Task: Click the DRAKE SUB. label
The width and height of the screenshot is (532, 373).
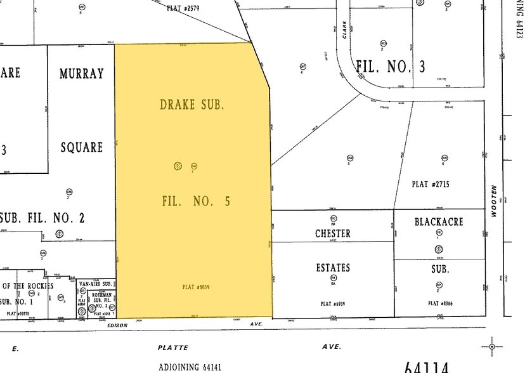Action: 191,105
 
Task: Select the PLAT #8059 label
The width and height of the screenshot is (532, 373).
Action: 195,287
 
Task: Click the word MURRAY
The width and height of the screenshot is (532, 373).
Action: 81,74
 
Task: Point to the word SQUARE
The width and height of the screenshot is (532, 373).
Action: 81,148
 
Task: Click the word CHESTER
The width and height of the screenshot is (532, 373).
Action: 333,233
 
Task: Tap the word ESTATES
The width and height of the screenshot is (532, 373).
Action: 333,268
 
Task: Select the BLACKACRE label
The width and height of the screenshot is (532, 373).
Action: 439,221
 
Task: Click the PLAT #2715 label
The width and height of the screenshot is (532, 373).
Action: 431,184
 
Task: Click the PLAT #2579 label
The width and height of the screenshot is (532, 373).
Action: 183,8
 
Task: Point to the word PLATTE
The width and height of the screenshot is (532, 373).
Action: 173,348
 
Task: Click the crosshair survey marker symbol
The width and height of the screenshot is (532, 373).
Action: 491,346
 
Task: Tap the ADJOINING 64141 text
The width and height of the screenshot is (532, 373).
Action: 190,367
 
